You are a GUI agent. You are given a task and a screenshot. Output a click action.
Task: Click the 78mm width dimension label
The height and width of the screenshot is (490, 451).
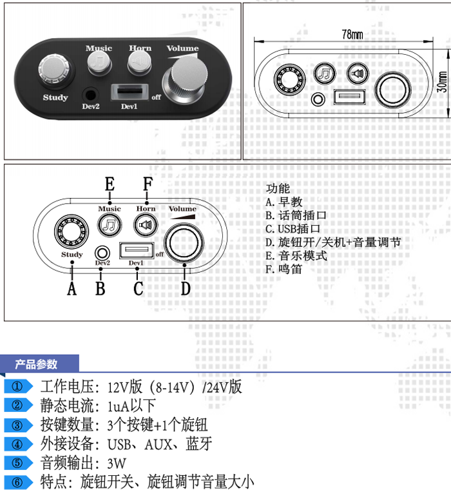[x=352, y=34]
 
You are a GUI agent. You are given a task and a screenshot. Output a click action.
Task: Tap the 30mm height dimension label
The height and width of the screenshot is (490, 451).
[x=441, y=81]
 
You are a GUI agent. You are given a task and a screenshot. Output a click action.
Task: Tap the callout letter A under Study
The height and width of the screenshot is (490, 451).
[x=72, y=288]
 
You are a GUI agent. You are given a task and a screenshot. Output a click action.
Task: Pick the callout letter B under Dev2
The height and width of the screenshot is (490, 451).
[x=100, y=288]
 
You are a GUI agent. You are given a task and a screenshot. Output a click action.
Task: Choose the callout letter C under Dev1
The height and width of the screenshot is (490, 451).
[x=138, y=288]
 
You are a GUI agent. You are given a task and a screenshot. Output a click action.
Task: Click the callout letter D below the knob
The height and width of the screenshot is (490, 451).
[x=186, y=288]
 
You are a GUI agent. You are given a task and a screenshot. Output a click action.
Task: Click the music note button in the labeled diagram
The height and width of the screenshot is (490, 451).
[x=110, y=225]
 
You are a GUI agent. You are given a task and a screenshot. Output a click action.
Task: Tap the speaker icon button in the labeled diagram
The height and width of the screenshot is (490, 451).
[x=146, y=225]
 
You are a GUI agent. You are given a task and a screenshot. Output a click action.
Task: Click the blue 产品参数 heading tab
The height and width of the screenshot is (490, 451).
[x=37, y=364]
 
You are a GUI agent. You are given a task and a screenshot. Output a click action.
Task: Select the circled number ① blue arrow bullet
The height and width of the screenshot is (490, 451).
[x=19, y=387]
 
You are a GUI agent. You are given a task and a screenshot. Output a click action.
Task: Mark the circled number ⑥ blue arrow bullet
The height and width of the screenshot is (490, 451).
[x=19, y=482]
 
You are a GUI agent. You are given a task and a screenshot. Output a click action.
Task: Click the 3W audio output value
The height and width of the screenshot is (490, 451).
[x=117, y=463]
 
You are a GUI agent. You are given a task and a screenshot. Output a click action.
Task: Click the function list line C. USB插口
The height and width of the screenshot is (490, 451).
[x=293, y=229]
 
